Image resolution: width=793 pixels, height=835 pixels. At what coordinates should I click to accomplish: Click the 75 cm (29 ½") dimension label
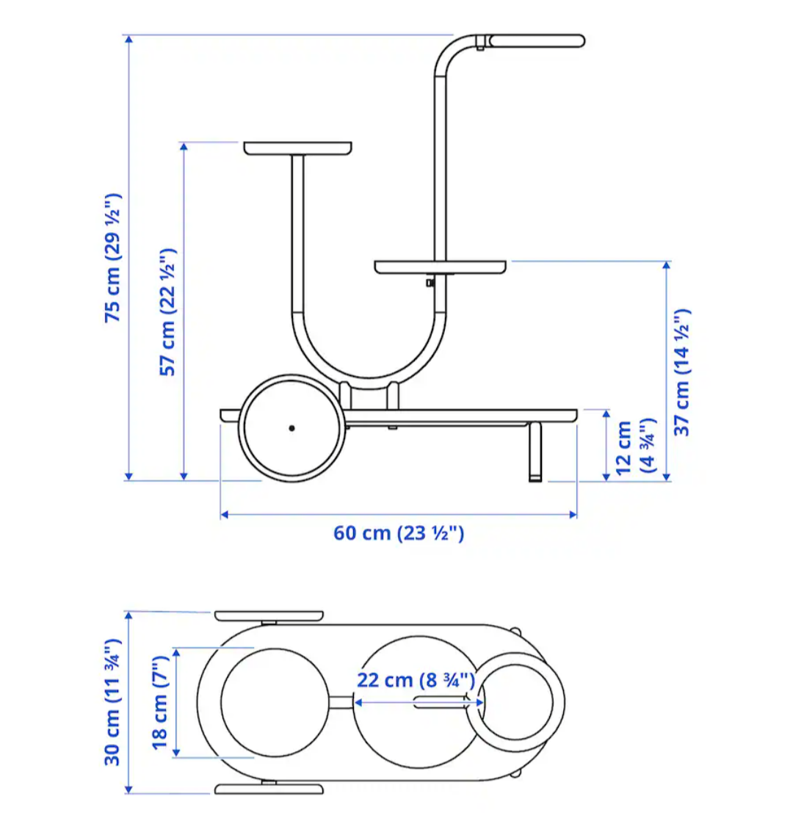pyautogui.click(x=113, y=258)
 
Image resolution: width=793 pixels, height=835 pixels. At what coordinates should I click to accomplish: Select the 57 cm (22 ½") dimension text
pyautogui.click(x=167, y=312)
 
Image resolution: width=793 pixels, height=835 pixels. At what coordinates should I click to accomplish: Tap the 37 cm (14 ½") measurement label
pyautogui.click(x=682, y=372)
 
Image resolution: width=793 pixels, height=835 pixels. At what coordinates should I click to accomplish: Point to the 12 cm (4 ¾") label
pyautogui.click(x=635, y=447)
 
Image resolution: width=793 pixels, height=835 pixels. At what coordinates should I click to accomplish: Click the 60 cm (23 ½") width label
pyautogui.click(x=399, y=533)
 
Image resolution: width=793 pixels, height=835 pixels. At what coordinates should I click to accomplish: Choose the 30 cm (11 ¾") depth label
pyautogui.click(x=113, y=702)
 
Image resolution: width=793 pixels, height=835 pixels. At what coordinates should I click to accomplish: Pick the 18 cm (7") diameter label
pyautogui.click(x=160, y=703)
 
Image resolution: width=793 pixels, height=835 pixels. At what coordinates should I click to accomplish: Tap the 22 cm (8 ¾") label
pyautogui.click(x=416, y=680)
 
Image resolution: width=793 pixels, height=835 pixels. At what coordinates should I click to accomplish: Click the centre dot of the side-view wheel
pyautogui.click(x=292, y=428)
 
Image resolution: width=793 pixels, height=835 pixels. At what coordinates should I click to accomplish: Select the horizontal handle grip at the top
pyautogui.click(x=537, y=41)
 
